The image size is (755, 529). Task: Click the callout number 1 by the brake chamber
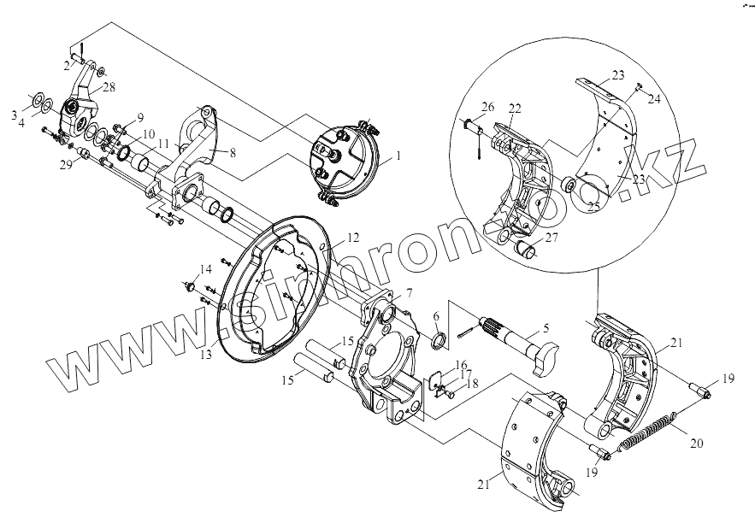click(x=396, y=158)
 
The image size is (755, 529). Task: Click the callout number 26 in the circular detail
click(x=487, y=108)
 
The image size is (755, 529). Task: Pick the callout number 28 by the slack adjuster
click(x=109, y=86)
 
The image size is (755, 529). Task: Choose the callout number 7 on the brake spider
click(x=409, y=294)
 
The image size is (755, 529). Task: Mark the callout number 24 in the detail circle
click(x=655, y=100)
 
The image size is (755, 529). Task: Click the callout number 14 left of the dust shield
click(x=204, y=269)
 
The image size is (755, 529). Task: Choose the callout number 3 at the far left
click(x=15, y=114)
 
